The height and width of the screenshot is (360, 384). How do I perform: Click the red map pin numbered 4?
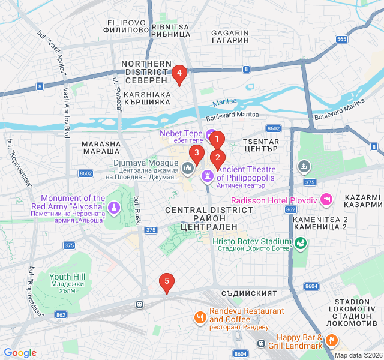click(179, 74)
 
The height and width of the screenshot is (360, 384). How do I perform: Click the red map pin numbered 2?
click(217, 160)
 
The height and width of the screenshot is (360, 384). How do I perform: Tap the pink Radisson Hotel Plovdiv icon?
click(326, 199)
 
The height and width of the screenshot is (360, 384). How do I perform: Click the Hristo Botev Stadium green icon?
click(301, 243)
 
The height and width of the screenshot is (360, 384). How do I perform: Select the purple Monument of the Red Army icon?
click(114, 208)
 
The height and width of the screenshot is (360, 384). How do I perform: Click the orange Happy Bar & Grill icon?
click(331, 341)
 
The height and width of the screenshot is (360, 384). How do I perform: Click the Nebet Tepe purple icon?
click(211, 134)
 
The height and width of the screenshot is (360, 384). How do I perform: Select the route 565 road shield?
click(342, 39)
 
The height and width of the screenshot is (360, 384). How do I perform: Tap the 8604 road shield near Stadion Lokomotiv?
click(311, 287)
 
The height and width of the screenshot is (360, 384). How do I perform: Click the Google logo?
click(20, 353)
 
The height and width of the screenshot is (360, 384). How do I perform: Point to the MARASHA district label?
click(101, 148)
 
